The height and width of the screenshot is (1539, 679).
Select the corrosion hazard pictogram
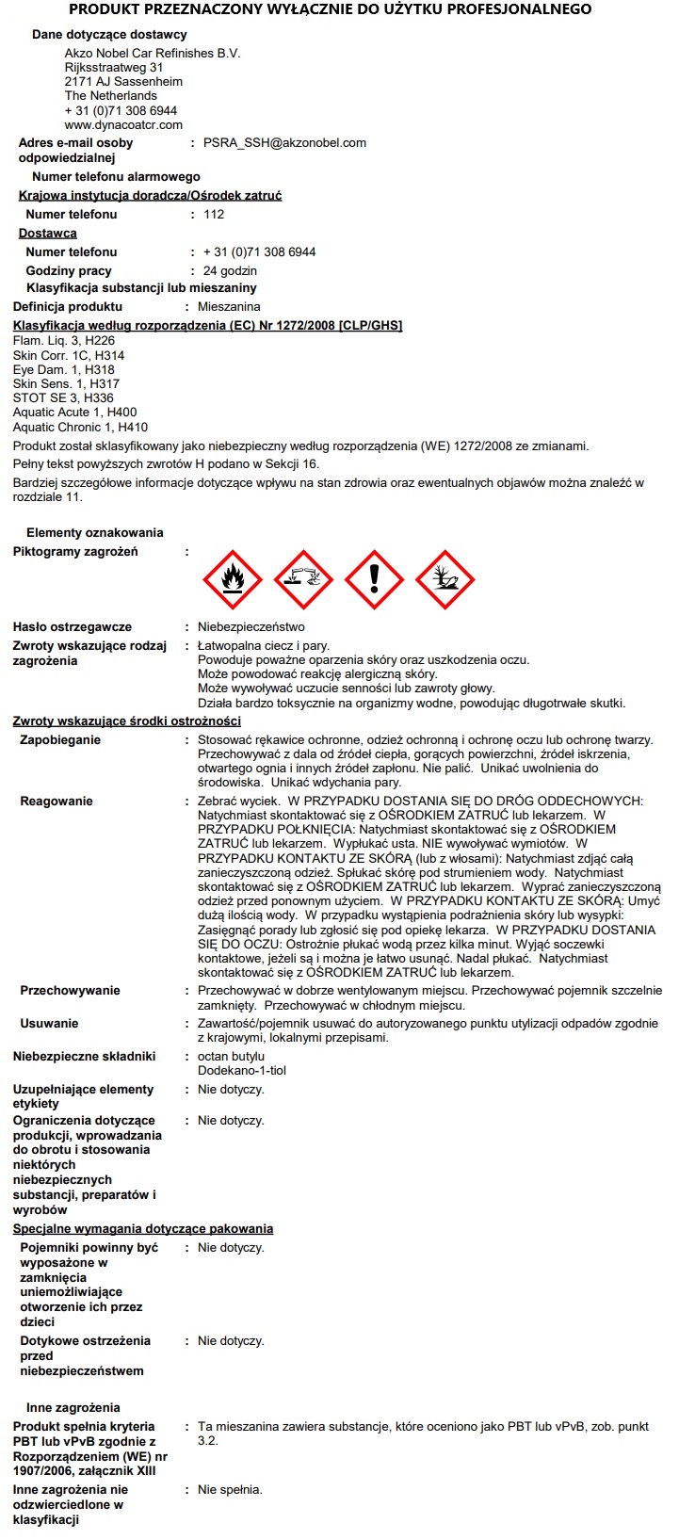(303, 580)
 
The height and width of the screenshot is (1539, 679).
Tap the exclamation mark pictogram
(374, 580)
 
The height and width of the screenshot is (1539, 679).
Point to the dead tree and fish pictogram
(445, 580)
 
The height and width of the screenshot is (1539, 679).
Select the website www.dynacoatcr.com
(123, 124)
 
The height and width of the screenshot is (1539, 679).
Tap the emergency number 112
(214, 215)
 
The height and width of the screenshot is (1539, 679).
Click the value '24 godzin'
(230, 271)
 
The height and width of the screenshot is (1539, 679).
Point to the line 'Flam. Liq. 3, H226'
(64, 341)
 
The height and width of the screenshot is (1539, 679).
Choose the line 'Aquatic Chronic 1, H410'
(80, 427)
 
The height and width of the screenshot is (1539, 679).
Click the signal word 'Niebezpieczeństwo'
(251, 627)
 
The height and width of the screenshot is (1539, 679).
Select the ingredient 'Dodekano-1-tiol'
(241, 1071)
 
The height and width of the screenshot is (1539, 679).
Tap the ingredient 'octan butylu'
(231, 1057)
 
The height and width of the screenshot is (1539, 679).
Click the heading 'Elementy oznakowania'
(94, 533)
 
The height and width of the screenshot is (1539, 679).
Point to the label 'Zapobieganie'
(60, 740)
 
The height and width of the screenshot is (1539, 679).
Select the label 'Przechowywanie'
(70, 991)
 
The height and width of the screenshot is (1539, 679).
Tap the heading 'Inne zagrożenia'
(73, 1408)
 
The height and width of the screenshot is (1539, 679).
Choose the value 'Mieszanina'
(229, 307)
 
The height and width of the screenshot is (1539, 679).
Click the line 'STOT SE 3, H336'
(60, 398)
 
